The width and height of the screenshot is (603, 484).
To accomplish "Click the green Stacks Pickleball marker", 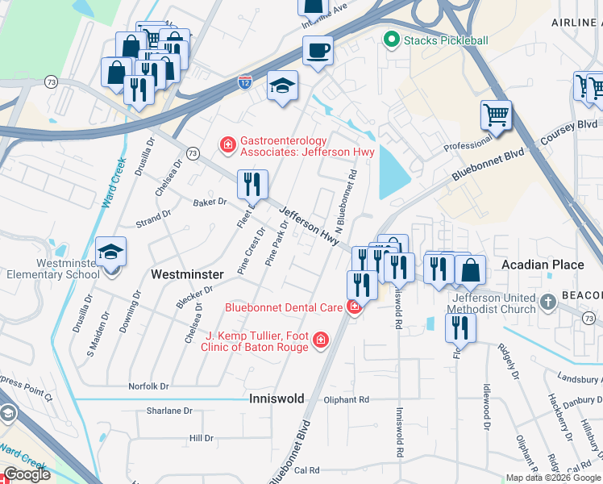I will (392, 39).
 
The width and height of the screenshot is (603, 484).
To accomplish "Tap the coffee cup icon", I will (318, 51).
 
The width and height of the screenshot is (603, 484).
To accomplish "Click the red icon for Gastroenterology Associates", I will (228, 145).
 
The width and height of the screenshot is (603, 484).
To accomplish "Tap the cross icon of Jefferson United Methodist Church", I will (548, 302).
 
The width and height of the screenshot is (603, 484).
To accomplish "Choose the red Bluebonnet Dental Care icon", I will (353, 307).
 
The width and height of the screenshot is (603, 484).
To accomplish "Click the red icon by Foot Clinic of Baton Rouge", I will (321, 341).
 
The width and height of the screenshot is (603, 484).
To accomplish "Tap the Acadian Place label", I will (542, 265).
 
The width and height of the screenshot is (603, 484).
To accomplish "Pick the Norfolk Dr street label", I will (149, 386).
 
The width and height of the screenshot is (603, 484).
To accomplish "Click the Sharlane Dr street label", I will (169, 411).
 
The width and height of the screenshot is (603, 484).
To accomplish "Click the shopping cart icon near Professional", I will (496, 115).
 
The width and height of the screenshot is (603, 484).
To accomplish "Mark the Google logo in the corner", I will (27, 474).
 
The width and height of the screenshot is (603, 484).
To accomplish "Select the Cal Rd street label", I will (307, 470).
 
